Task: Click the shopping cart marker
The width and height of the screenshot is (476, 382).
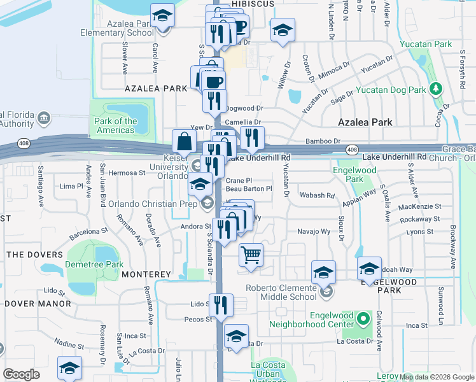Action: click(x=251, y=255)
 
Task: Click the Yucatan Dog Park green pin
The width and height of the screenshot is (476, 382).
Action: click(x=436, y=87)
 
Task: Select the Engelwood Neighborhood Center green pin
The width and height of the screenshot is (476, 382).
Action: click(x=363, y=316)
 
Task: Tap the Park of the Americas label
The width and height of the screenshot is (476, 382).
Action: click(x=115, y=125)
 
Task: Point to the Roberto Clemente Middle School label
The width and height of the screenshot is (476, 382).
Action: click(x=281, y=292)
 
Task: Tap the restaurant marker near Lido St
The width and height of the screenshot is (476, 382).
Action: click(x=222, y=304)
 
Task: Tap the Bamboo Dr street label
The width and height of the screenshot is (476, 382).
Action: click(x=323, y=141)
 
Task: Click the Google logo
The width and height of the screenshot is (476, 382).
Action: click(x=21, y=374)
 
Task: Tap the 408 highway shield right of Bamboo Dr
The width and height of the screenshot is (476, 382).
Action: click(x=352, y=149)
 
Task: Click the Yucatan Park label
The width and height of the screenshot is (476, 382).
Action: click(x=426, y=44)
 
